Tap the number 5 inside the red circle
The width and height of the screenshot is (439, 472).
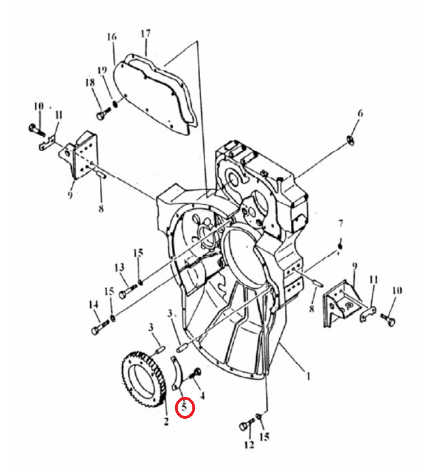[184, 407]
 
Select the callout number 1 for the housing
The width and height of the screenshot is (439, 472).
[308, 376]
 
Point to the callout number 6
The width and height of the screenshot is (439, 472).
[361, 113]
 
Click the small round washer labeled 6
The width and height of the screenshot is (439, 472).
[350, 140]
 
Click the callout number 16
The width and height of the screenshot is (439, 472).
[112, 36]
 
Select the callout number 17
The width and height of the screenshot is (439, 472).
[146, 33]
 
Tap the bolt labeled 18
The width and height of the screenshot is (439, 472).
[104, 113]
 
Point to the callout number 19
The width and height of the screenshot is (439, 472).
[103, 70]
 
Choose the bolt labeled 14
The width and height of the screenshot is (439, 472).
[100, 327]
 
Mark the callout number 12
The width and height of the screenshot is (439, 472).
[249, 445]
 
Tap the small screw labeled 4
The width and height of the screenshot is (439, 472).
[196, 373]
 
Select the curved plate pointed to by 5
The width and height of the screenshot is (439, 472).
[177, 373]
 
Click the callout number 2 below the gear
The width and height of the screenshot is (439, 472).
[166, 421]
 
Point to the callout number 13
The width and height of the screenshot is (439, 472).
[119, 267]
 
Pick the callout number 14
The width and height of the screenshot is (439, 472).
[94, 304]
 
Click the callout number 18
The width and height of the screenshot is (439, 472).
[90, 82]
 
